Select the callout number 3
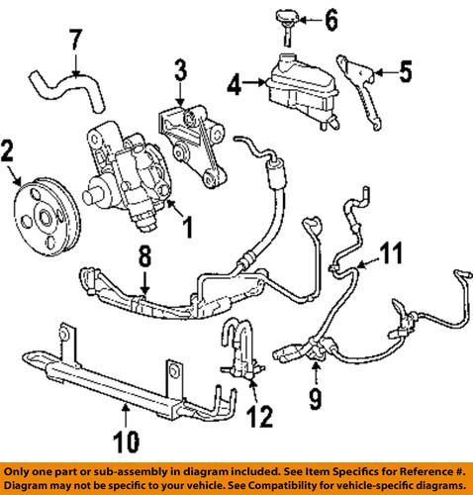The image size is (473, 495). pyautogui.click(x=179, y=69)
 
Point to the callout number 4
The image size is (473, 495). pyautogui.click(x=235, y=87)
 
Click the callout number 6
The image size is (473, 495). pyautogui.click(x=331, y=18)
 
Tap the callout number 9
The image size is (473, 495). pyautogui.click(x=315, y=401)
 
